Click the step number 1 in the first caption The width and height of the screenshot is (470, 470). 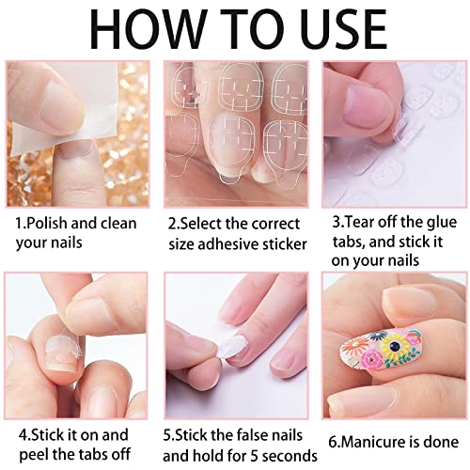(20, 224)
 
